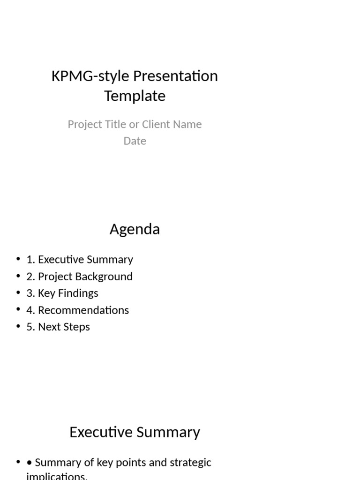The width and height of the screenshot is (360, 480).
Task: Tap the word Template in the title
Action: point(135,96)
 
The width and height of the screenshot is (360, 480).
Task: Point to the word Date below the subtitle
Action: point(135,141)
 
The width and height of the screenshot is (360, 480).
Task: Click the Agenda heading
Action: point(135,229)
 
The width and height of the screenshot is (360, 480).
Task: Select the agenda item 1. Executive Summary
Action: point(80,260)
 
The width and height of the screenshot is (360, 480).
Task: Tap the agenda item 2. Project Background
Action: point(80,277)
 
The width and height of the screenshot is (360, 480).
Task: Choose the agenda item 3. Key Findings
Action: point(62,293)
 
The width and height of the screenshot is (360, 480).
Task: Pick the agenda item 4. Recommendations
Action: point(78,310)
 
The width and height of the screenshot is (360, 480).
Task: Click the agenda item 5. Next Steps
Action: point(58,327)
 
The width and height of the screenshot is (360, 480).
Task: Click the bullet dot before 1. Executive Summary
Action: point(18,259)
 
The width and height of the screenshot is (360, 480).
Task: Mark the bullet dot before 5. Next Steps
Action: point(18,327)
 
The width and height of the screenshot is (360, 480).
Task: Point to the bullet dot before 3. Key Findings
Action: point(18,293)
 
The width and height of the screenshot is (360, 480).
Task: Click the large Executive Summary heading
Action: point(135,432)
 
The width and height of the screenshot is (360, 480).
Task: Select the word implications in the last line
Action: point(56,476)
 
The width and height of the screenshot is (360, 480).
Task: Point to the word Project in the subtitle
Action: point(83,124)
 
